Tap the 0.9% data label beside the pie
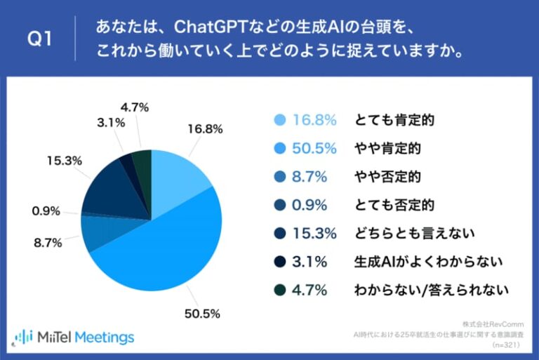coord(46,211)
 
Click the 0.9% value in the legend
coord(310,205)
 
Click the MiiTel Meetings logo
coord(74,338)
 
